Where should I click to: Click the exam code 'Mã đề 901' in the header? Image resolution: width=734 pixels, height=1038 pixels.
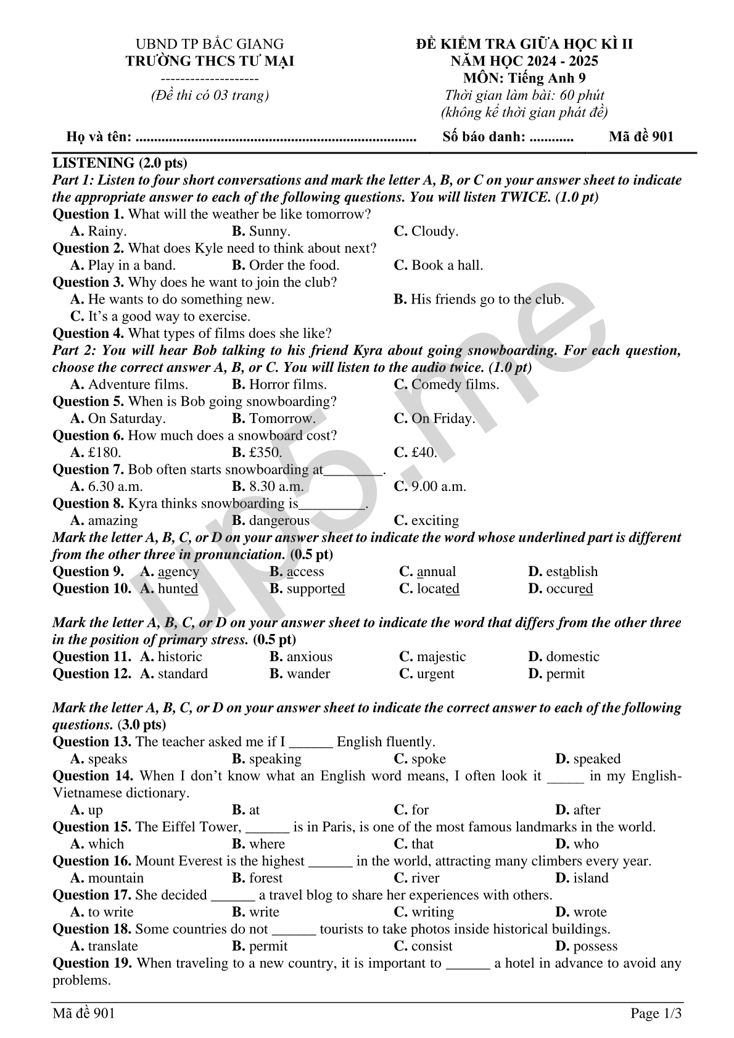pos(641,137)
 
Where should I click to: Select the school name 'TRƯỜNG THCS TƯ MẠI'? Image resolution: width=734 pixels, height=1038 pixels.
pos(210,61)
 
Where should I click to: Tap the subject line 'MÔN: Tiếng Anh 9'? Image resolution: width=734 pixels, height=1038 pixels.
pos(524,78)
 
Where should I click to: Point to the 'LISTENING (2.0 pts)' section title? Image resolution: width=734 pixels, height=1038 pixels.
pos(120,163)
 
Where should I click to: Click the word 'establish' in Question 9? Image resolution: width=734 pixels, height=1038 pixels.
pos(572,571)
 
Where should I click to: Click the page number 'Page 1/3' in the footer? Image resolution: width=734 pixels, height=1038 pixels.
pos(656,1013)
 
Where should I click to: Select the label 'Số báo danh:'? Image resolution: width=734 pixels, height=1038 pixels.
pos(484,137)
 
